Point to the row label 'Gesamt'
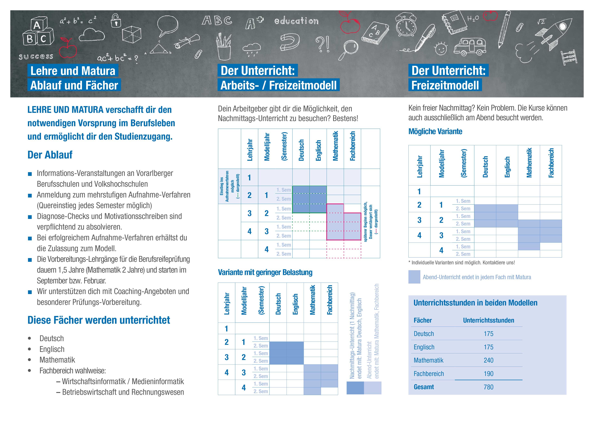[x=424, y=387]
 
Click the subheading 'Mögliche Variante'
[x=435, y=131]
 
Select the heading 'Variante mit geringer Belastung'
[x=265, y=272]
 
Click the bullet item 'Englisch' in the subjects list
[x=52, y=349]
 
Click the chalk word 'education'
[x=296, y=21]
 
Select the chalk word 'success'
[x=36, y=57]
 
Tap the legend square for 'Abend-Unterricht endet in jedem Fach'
[x=414, y=277]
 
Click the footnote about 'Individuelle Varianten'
[x=462, y=263]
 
